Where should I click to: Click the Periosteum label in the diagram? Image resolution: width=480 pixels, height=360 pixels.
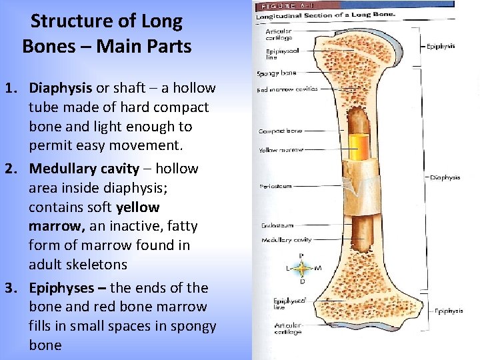point(275,187)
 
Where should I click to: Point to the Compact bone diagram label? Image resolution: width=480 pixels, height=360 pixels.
point(281,131)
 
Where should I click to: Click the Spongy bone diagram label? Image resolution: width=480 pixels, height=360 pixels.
point(277,73)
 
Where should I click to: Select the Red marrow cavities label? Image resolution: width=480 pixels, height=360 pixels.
point(287,89)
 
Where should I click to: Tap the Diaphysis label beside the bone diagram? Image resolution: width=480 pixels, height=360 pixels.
point(445,177)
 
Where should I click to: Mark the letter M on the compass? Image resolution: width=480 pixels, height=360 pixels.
point(318,269)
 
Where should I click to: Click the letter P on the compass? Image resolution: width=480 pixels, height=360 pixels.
point(301,256)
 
